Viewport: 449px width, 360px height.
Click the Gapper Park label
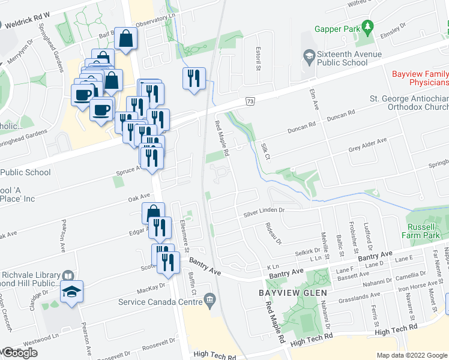point(337,28)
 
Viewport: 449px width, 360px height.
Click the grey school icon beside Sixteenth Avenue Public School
point(309,56)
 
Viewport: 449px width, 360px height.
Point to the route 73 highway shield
point(250,103)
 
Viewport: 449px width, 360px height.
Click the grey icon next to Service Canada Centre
point(209,299)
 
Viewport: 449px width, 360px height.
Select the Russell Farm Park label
point(429,232)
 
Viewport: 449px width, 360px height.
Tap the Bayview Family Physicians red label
point(420,78)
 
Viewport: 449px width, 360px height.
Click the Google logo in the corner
point(20,353)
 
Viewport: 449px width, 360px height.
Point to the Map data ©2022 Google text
point(412,355)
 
